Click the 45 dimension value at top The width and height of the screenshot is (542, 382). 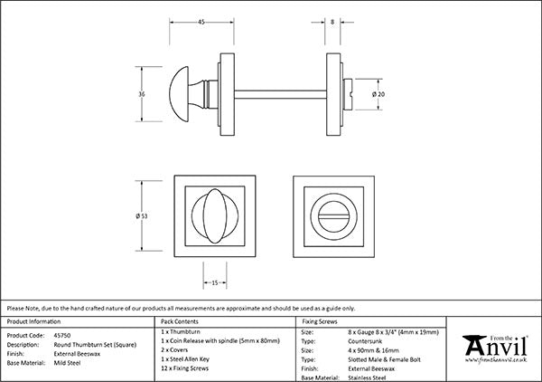pyautogui.click(x=201, y=22)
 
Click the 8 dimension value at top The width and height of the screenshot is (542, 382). pyautogui.click(x=332, y=22)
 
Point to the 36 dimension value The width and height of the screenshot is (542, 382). pyautogui.click(x=142, y=94)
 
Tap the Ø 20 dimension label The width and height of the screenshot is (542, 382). pyautogui.click(x=378, y=94)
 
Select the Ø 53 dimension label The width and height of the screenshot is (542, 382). pyautogui.click(x=142, y=216)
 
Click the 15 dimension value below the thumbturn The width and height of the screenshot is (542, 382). pyautogui.click(x=215, y=283)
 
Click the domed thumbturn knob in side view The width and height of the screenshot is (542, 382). pyautogui.click(x=179, y=94)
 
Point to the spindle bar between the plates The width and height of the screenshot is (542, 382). pyautogui.click(x=280, y=94)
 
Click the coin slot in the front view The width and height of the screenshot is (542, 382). pyautogui.click(x=334, y=216)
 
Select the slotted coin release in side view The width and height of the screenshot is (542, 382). pyautogui.click(x=348, y=94)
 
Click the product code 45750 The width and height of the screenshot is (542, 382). pyautogui.click(x=62, y=335)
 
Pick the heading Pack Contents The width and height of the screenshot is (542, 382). pyautogui.click(x=180, y=321)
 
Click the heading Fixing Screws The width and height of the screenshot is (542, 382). pyautogui.click(x=320, y=321)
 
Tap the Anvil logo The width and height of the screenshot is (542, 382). pyautogui.click(x=495, y=349)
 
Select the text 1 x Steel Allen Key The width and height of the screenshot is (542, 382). pyautogui.click(x=185, y=359)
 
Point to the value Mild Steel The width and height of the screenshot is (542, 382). pyautogui.click(x=67, y=363)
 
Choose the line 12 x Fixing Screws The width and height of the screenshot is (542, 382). pyautogui.click(x=185, y=368)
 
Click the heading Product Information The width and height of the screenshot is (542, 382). pyautogui.click(x=33, y=321)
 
